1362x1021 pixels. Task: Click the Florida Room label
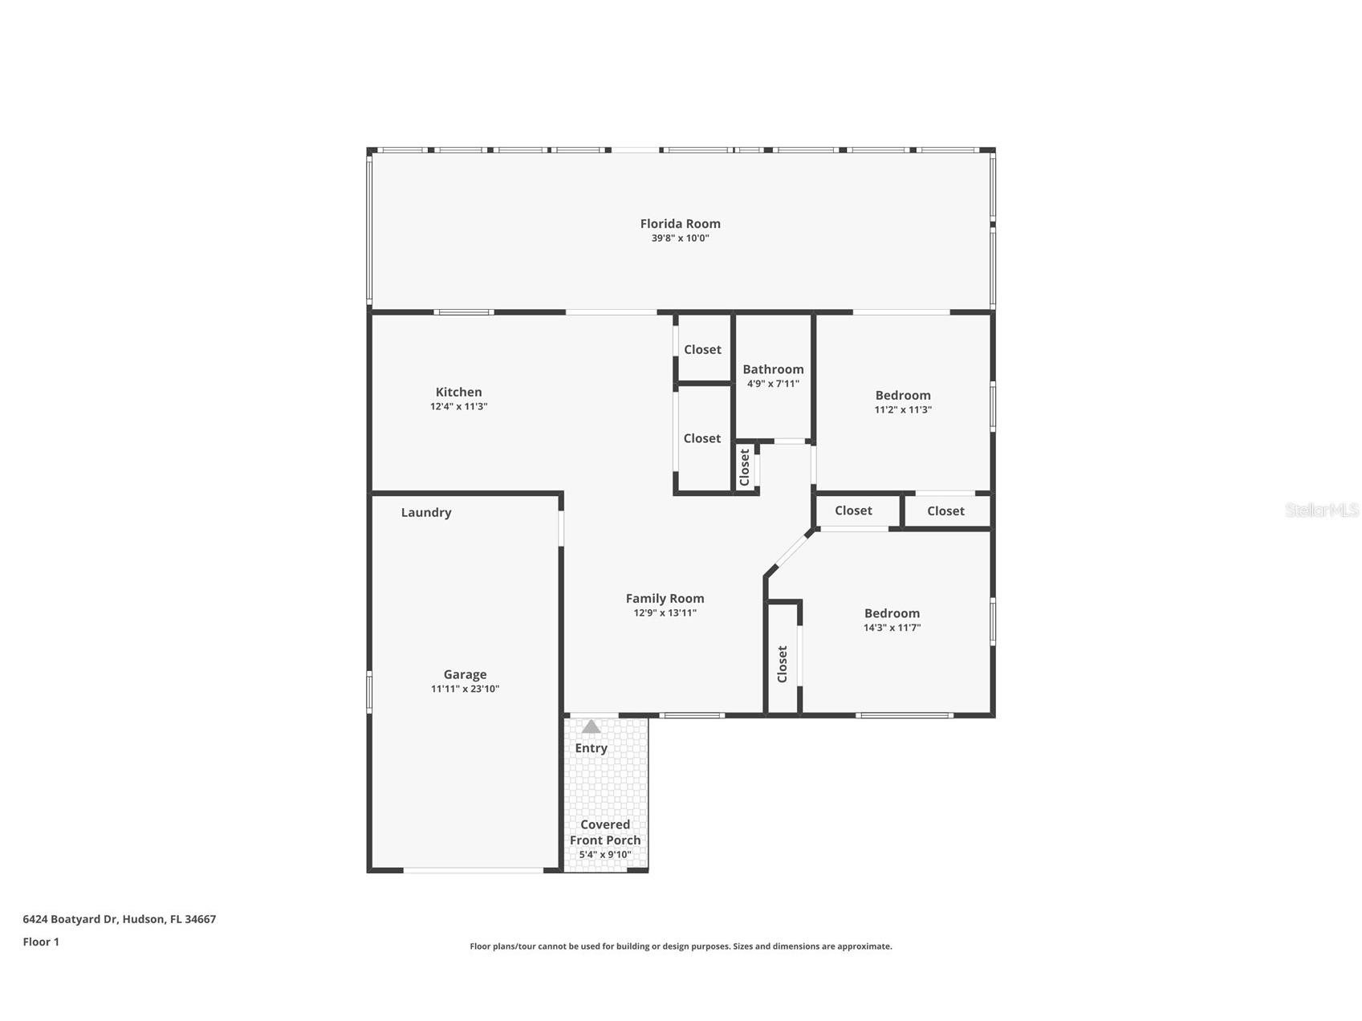[680, 224]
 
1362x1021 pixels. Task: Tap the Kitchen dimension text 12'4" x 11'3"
[458, 407]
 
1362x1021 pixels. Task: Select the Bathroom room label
[773, 369]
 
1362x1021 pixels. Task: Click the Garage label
[465, 675]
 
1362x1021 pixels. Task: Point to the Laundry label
[426, 513]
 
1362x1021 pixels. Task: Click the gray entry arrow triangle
[591, 726]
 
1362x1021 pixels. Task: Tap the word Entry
[591, 748]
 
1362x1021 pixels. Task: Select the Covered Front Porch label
[605, 832]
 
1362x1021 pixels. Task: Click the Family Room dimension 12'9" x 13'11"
[665, 613]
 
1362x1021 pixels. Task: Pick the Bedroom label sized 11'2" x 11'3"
[903, 396]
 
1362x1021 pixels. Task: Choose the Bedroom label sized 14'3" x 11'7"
[892, 613]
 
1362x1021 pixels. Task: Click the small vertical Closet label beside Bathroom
[744, 467]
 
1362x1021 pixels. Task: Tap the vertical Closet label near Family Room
[783, 665]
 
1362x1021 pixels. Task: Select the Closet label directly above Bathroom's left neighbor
[702, 350]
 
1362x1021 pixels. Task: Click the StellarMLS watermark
[1322, 510]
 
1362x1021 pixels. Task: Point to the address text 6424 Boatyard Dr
[71, 919]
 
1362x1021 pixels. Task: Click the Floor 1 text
[41, 942]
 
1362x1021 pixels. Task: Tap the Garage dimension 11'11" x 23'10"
[465, 689]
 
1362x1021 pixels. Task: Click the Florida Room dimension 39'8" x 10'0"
[680, 238]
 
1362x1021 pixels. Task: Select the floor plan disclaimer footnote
[681, 946]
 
